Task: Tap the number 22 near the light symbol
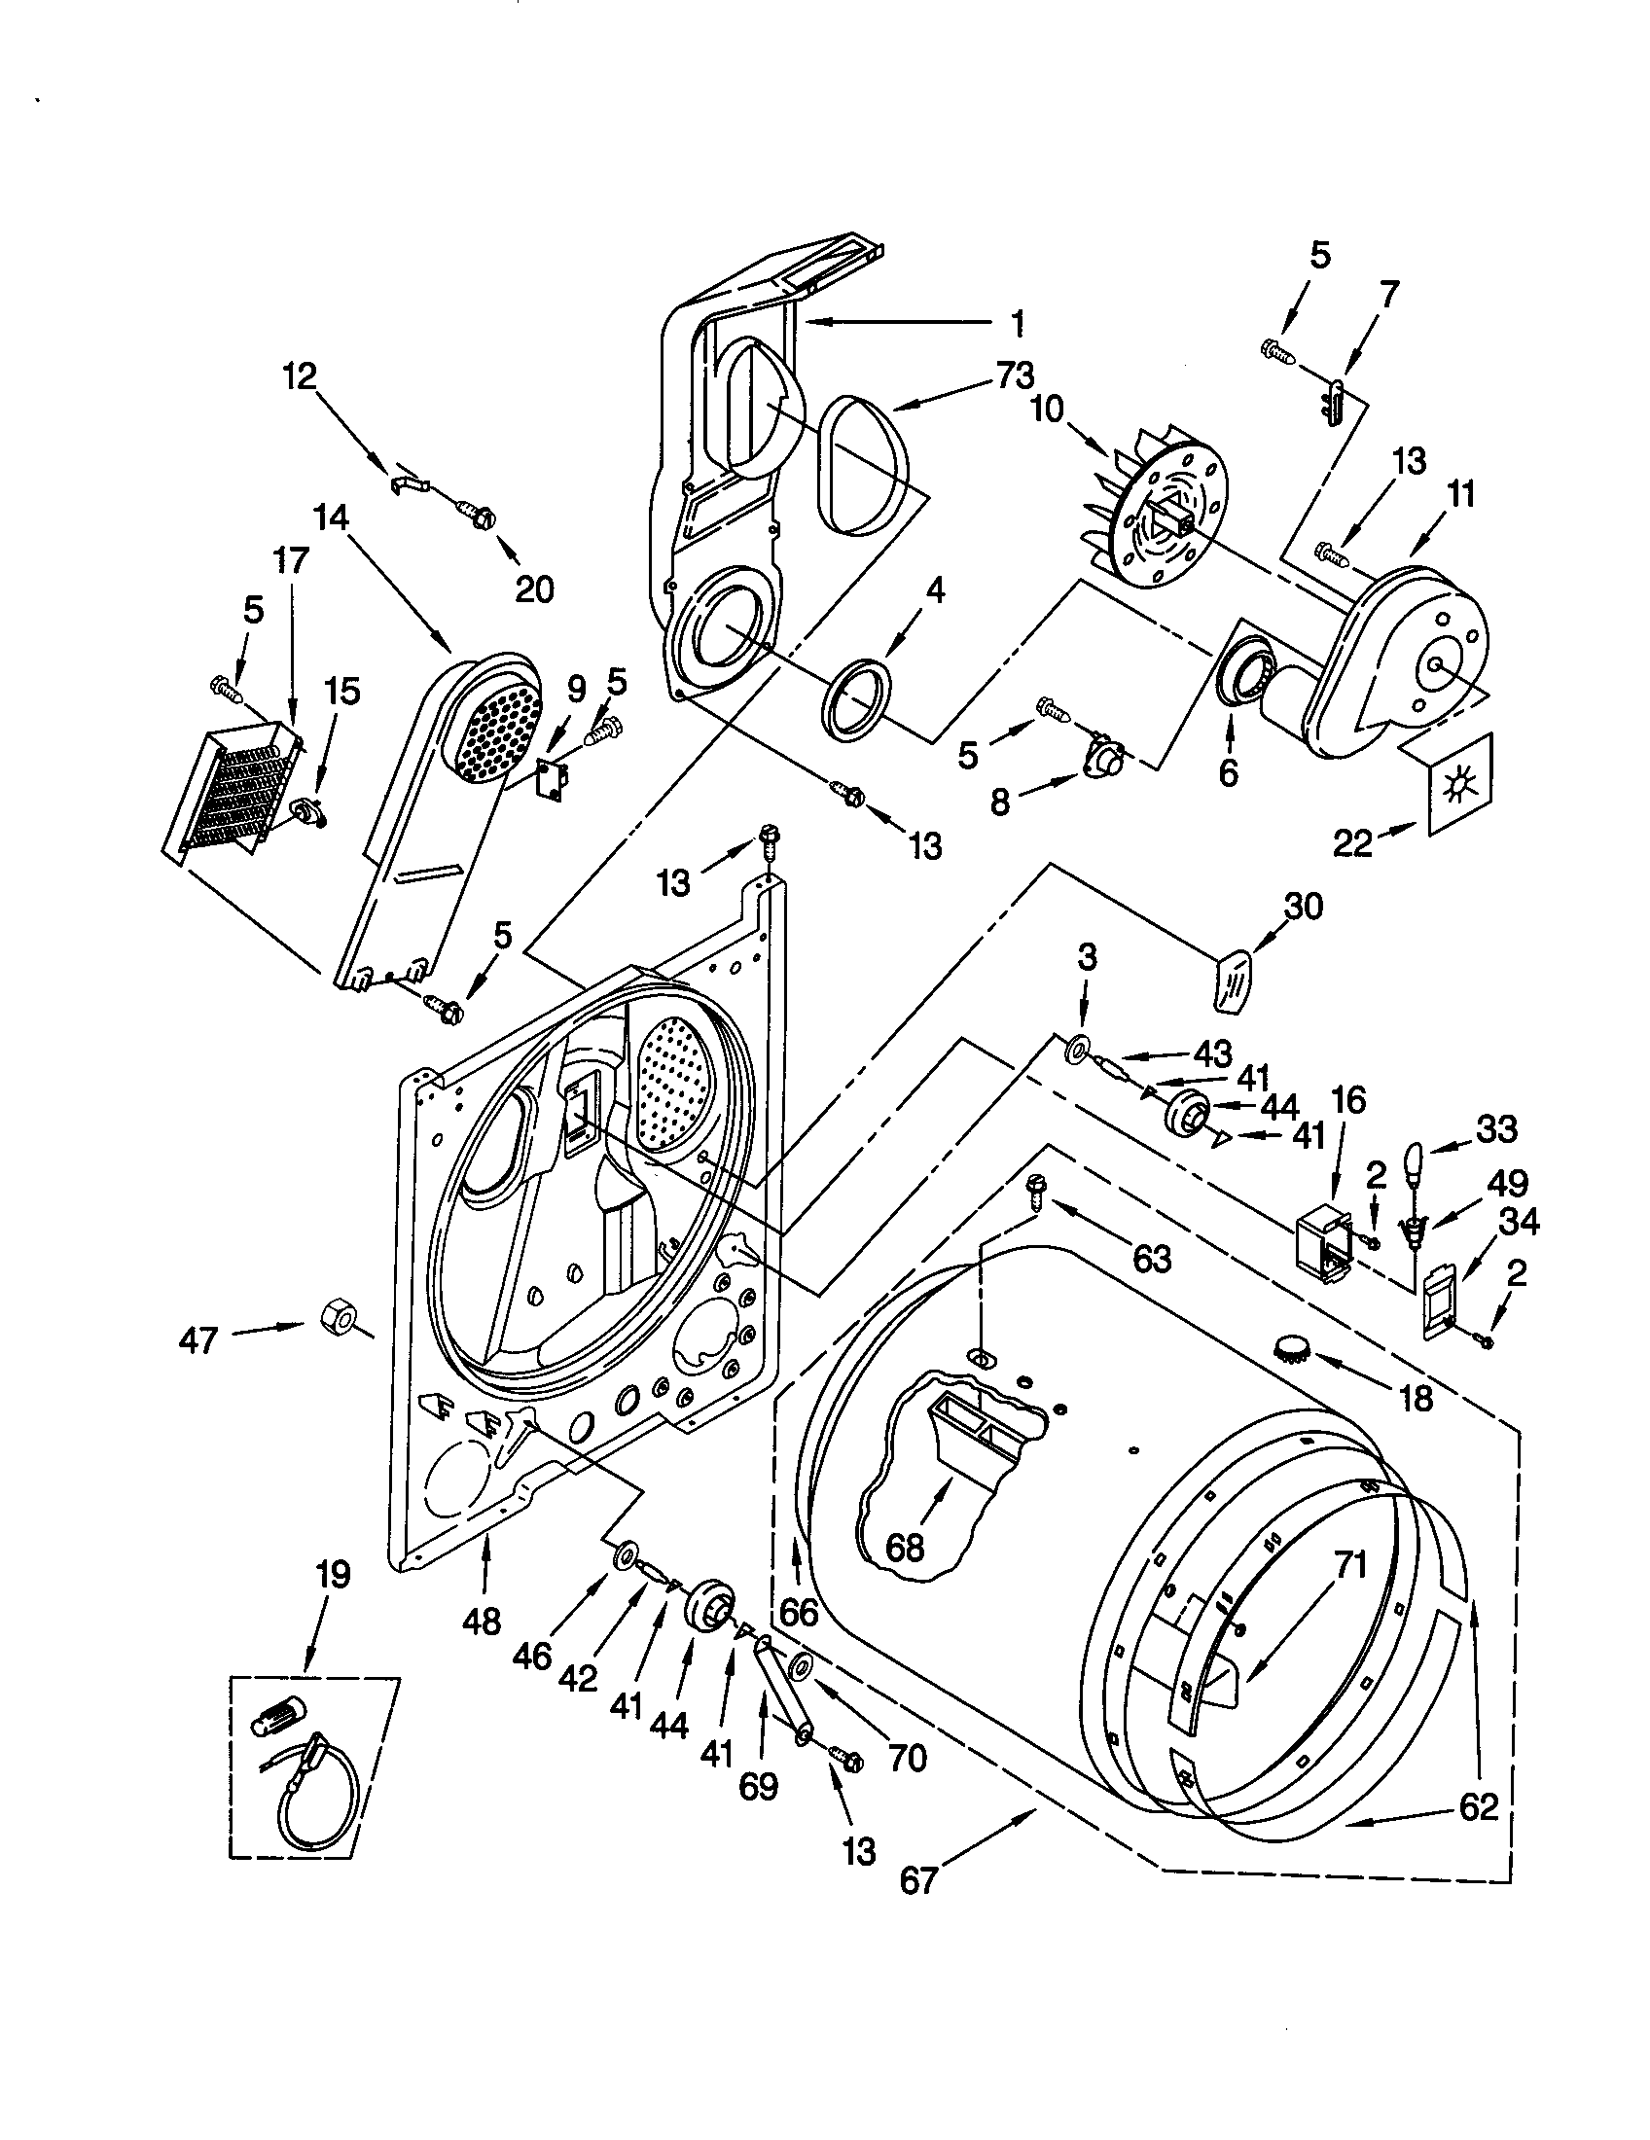pyautogui.click(x=1353, y=842)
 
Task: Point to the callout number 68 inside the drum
pyautogui.click(x=905, y=1548)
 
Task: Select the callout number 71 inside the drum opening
pyautogui.click(x=1349, y=1567)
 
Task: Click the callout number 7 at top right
pyautogui.click(x=1389, y=292)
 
